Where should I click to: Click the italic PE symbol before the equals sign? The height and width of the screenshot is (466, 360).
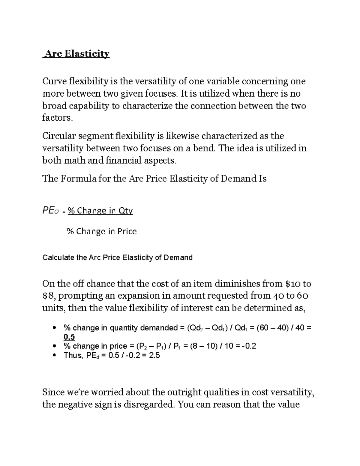point(48,211)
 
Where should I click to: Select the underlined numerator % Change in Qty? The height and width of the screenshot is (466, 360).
point(100,211)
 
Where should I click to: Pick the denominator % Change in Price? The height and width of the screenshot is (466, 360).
point(102,231)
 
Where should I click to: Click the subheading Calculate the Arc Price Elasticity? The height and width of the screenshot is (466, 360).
point(117,257)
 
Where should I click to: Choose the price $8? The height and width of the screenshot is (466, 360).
point(49,296)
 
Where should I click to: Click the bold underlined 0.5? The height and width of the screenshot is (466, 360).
point(69,337)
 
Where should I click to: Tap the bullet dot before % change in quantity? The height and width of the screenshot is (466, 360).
point(54,328)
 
